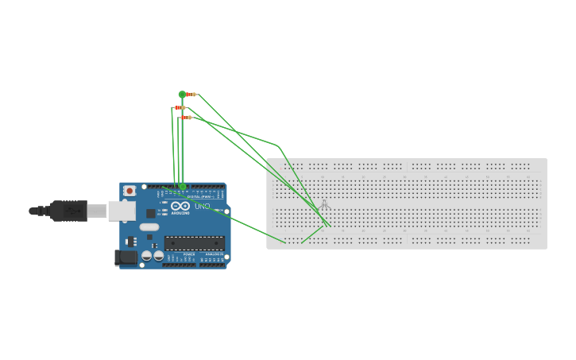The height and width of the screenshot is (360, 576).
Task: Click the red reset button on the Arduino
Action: [129, 191]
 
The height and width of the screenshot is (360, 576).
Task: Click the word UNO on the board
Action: [203, 207]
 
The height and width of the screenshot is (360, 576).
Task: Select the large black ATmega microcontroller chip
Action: [194, 243]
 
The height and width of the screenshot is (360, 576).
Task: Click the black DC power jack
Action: [126, 257]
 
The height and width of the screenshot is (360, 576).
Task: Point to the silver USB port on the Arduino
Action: [122, 211]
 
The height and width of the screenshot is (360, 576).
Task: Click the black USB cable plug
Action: [68, 211]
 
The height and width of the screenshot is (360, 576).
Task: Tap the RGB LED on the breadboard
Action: [324, 205]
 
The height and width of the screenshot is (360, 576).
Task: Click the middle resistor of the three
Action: [180, 107]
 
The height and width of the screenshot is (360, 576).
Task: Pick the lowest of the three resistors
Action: [186, 118]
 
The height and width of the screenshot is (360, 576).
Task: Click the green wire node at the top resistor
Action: [182, 95]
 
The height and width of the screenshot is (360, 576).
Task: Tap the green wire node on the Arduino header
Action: [183, 187]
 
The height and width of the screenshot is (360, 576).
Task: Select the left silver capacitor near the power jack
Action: [147, 256]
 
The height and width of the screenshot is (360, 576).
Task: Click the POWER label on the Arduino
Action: [188, 254]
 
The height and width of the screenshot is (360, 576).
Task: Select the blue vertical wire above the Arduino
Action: [183, 151]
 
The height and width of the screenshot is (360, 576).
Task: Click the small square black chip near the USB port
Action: [150, 213]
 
